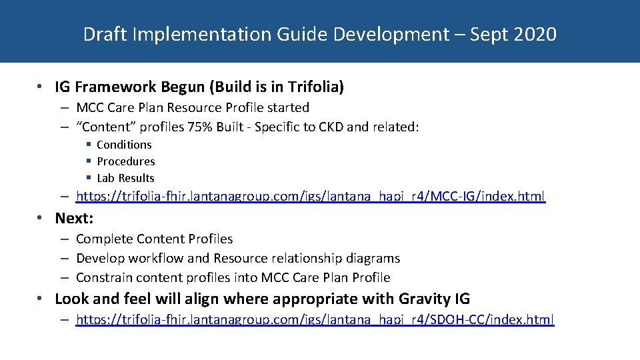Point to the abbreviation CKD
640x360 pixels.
click(340, 127)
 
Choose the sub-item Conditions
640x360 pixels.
click(124, 145)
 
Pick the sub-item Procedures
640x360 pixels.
click(126, 161)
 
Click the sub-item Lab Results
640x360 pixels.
click(125, 178)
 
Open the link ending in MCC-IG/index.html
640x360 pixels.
click(311, 196)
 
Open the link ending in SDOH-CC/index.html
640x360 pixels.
click(315, 319)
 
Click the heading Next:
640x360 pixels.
click(74, 218)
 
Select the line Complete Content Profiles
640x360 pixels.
click(154, 239)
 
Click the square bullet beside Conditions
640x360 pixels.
click(89, 145)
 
